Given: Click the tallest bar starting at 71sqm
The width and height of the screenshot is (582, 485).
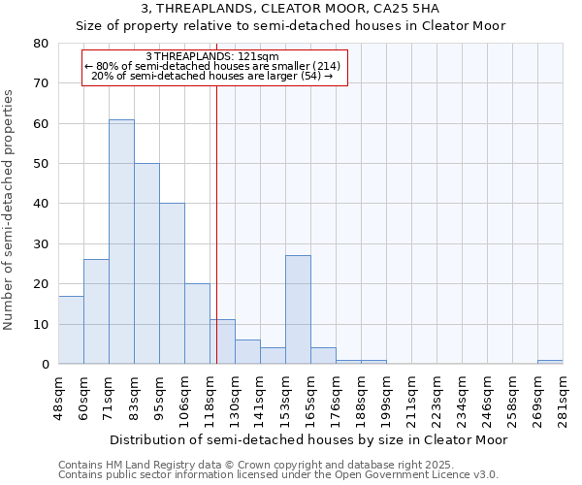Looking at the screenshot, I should pyautogui.click(x=121, y=242).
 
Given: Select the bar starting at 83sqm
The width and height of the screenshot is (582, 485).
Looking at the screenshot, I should pyautogui.click(x=146, y=263).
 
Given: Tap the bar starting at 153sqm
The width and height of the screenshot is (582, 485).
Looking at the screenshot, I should pyautogui.click(x=298, y=309).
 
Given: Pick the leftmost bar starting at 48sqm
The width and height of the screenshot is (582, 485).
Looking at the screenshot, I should pyautogui.click(x=71, y=330).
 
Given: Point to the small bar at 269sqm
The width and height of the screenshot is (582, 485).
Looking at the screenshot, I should pyautogui.click(x=550, y=362).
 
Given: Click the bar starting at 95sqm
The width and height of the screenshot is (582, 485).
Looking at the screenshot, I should pyautogui.click(x=172, y=283).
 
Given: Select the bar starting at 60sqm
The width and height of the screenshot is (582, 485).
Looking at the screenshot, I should pyautogui.click(x=96, y=311).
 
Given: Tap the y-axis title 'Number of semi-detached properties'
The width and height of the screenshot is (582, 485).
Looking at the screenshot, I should pyautogui.click(x=11, y=210).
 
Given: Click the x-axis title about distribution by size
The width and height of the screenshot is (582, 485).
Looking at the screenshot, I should pyautogui.click(x=308, y=439).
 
